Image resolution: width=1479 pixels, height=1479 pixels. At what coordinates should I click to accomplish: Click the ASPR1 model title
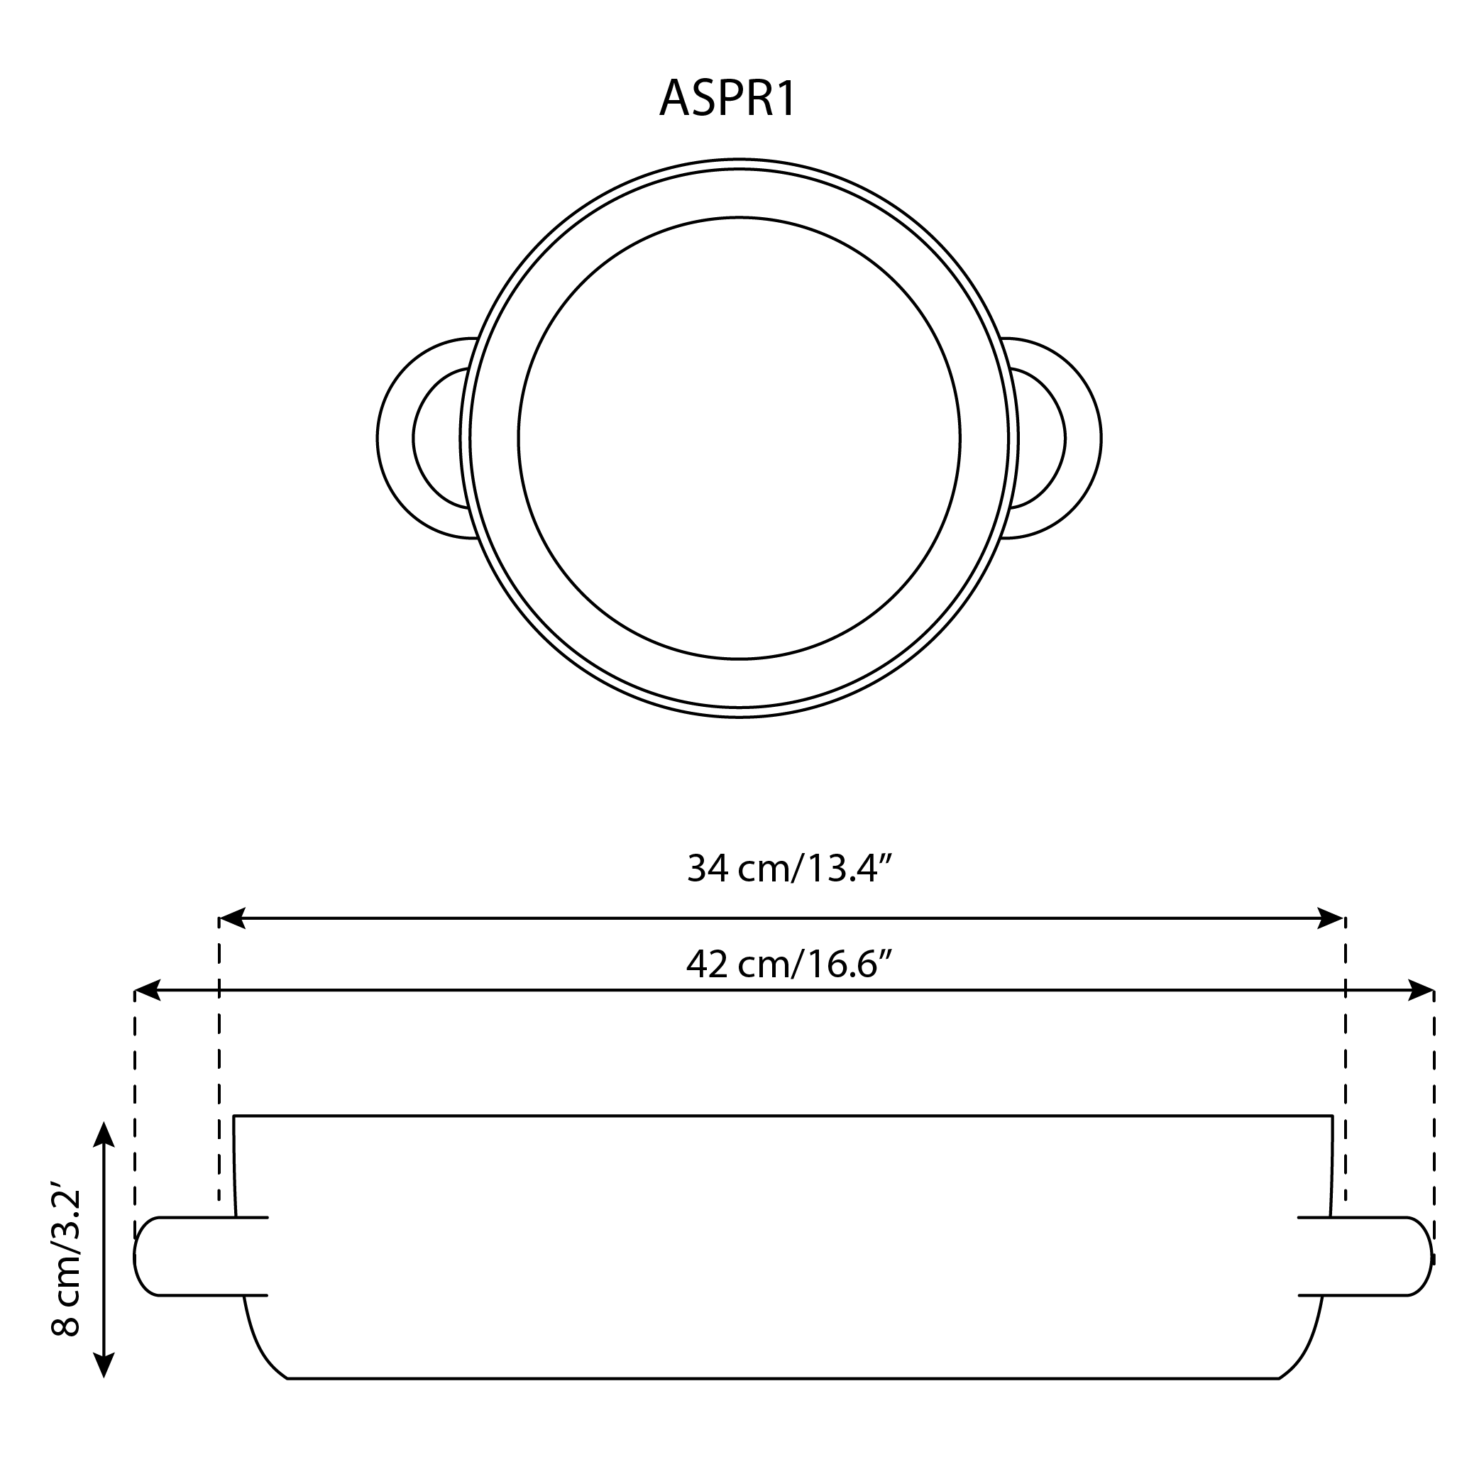[x=727, y=99]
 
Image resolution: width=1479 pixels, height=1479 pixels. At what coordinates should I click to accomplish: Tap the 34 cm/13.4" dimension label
[x=789, y=869]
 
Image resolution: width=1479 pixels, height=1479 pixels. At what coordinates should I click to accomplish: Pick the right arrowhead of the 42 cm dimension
[x=1421, y=990]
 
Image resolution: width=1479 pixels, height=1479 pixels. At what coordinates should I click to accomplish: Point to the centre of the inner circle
[x=739, y=438]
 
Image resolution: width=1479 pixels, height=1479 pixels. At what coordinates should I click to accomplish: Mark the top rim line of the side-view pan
[x=782, y=1116]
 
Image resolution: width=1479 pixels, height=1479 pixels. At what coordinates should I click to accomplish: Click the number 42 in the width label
[x=707, y=964]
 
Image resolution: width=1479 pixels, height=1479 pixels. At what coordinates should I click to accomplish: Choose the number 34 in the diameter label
[x=708, y=869]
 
